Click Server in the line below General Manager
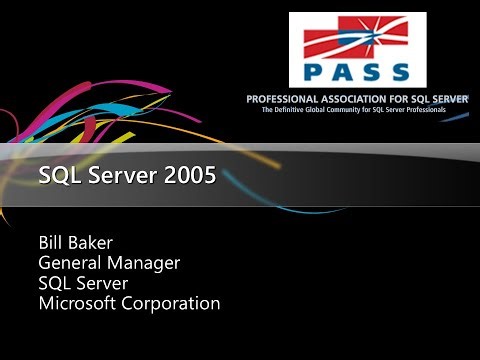click(x=101, y=283)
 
